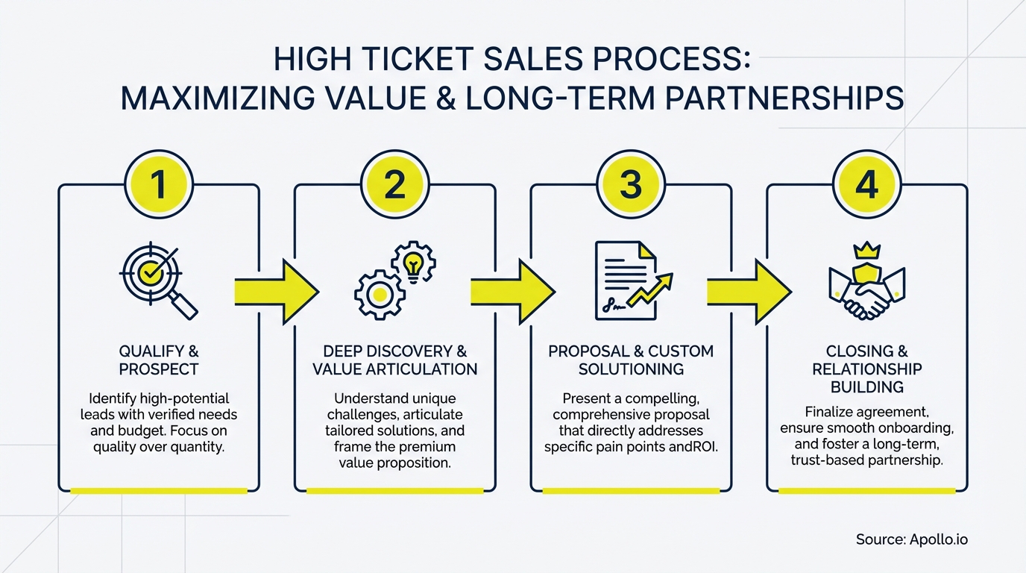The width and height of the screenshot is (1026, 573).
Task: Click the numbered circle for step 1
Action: coord(159,184)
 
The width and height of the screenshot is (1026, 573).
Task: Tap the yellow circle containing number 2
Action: coord(394,184)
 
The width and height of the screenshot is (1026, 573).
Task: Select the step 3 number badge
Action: coord(631,184)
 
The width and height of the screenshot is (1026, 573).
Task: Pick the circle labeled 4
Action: coord(866,184)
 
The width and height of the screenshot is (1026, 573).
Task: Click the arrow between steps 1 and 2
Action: coord(277,291)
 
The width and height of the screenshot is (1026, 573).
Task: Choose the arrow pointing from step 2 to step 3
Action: coord(513,291)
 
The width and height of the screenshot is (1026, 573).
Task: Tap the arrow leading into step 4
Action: coord(749,291)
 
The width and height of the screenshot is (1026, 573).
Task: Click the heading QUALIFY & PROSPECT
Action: coord(158,360)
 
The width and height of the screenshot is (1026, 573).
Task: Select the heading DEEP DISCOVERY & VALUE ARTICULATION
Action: coord(394,360)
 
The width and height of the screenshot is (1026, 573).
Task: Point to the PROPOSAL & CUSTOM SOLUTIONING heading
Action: coord(631,360)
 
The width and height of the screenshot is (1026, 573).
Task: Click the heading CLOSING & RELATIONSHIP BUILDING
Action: coord(866,369)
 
